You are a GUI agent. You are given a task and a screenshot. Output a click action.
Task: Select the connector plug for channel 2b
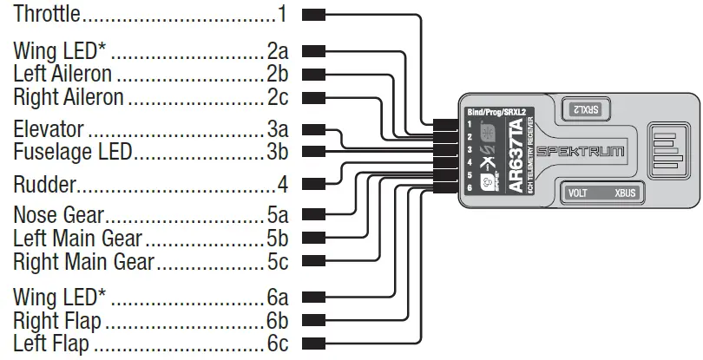[x=314, y=74]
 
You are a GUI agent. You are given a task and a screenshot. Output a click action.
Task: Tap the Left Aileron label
[x=62, y=74]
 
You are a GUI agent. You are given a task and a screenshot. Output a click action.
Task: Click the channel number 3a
[x=278, y=130]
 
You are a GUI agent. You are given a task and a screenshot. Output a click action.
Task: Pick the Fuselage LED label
[x=72, y=153]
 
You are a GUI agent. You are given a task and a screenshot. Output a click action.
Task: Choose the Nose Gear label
[x=58, y=214]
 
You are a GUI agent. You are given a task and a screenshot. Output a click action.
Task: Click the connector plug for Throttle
[x=314, y=15]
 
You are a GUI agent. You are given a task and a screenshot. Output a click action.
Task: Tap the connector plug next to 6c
[x=314, y=344]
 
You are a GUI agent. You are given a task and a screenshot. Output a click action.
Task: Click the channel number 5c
[x=278, y=261]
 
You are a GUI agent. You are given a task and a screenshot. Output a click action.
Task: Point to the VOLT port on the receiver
[x=577, y=194]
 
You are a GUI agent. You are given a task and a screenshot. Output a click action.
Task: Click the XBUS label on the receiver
[x=624, y=194]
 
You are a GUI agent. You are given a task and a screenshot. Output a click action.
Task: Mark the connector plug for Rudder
[x=314, y=184]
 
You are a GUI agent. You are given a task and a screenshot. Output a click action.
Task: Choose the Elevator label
[x=49, y=130]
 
